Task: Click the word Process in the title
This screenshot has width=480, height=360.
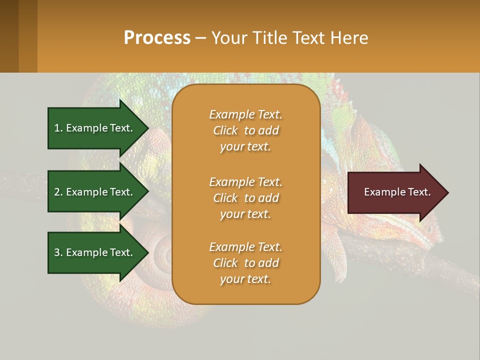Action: tap(157, 38)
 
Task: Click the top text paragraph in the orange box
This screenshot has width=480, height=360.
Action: tap(245, 130)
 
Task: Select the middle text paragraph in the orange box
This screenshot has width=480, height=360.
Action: tap(245, 198)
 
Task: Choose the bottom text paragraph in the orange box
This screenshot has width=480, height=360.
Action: tap(245, 263)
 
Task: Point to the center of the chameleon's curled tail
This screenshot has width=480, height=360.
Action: tap(165, 252)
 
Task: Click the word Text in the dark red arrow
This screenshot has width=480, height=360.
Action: tap(419, 192)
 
